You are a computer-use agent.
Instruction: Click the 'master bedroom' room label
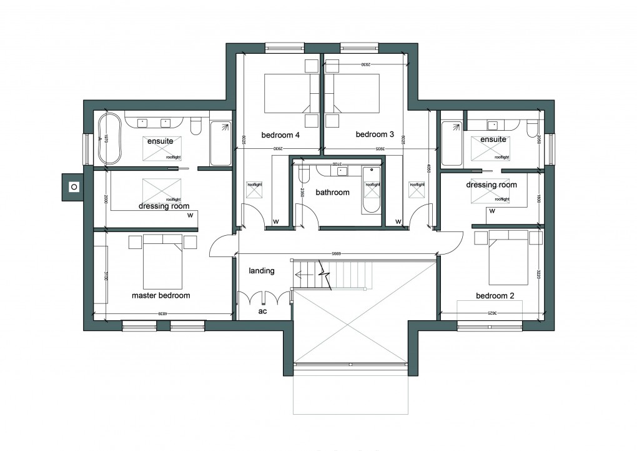click(160, 295)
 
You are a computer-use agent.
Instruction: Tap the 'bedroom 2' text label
click(495, 296)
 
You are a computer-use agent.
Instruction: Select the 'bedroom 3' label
click(375, 134)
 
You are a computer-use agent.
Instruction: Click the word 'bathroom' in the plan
click(332, 193)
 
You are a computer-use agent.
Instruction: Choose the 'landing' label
click(261, 271)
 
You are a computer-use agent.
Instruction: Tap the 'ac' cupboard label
click(263, 311)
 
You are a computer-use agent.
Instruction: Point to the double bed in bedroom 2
click(508, 257)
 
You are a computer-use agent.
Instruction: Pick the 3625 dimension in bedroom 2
click(493, 313)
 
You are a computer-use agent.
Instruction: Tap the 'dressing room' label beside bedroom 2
click(491, 185)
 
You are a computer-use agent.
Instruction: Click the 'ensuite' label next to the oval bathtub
click(160, 141)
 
